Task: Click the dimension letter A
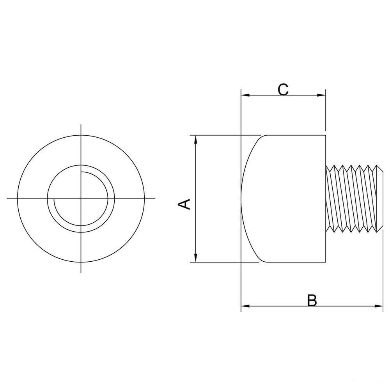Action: (x=184, y=204)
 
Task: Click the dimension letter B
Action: (x=312, y=300)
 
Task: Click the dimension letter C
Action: (x=283, y=90)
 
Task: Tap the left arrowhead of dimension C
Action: (x=245, y=95)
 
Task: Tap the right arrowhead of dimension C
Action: (x=321, y=95)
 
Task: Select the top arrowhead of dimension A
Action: (x=196, y=140)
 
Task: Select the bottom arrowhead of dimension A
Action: (x=196, y=258)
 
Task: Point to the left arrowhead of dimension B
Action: (x=245, y=306)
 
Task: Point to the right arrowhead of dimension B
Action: (x=379, y=306)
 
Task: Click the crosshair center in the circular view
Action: (x=81, y=199)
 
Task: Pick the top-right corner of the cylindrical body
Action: (x=326, y=135)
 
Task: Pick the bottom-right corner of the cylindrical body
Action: (x=326, y=262)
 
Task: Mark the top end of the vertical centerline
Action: (x=81, y=124)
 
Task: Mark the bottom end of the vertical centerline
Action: (x=81, y=273)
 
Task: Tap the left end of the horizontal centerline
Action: (x=7, y=199)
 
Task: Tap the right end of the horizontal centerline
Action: (x=155, y=199)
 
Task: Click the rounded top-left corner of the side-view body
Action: (x=262, y=138)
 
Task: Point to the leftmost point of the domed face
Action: (x=241, y=199)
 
